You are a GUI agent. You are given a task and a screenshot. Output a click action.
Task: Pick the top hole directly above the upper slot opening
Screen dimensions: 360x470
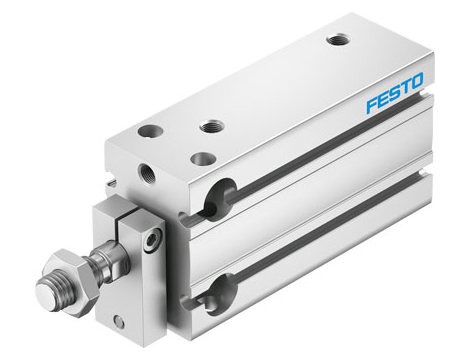coord(210,126)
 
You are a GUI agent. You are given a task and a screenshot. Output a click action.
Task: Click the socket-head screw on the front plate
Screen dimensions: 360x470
coord(152,242)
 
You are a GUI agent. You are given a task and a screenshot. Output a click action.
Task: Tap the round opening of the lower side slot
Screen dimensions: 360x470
coord(217,294)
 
